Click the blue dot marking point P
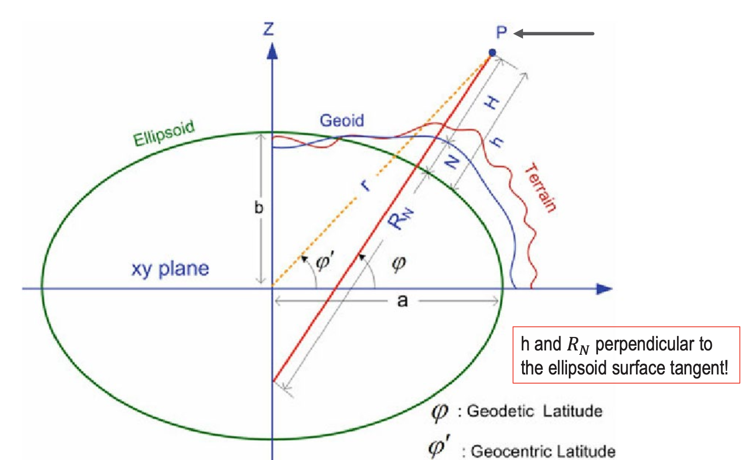[492, 53]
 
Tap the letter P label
[502, 32]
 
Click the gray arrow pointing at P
[554, 34]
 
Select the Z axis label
[269, 29]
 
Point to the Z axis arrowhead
[273, 51]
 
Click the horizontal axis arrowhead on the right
[604, 288]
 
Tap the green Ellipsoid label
[164, 133]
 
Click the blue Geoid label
[342, 120]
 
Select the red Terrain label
[541, 188]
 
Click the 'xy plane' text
[170, 269]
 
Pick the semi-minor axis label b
[259, 208]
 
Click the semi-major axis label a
[402, 301]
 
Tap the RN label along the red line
[401, 218]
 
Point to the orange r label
[366, 185]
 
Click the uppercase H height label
[492, 103]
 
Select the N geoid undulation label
[452, 162]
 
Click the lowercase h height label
[496, 141]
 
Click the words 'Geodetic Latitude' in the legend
[535, 411]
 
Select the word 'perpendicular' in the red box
[653, 344]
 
